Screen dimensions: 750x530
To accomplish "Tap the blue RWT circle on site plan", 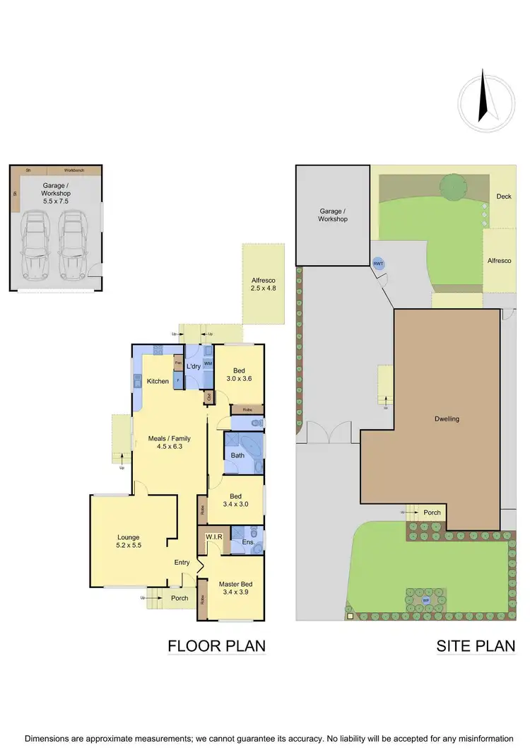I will point(378,263).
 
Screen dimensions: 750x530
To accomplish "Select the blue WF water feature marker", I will point(426,601).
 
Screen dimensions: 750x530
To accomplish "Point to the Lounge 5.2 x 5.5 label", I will point(128,541).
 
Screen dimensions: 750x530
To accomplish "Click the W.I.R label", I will point(214,537).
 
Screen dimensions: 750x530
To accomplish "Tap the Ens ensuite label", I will point(247,542).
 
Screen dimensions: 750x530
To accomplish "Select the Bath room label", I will point(237,455).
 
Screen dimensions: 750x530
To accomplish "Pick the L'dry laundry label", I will point(194,366).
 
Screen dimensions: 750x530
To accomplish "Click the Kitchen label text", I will point(158,382).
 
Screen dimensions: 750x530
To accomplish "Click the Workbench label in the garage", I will point(74,170).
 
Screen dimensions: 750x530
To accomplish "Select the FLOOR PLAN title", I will point(216,645).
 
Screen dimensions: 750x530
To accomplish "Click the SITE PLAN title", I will point(476,645).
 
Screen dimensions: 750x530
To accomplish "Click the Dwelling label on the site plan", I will point(447,418).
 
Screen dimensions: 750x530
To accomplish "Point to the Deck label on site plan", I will point(503,197).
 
